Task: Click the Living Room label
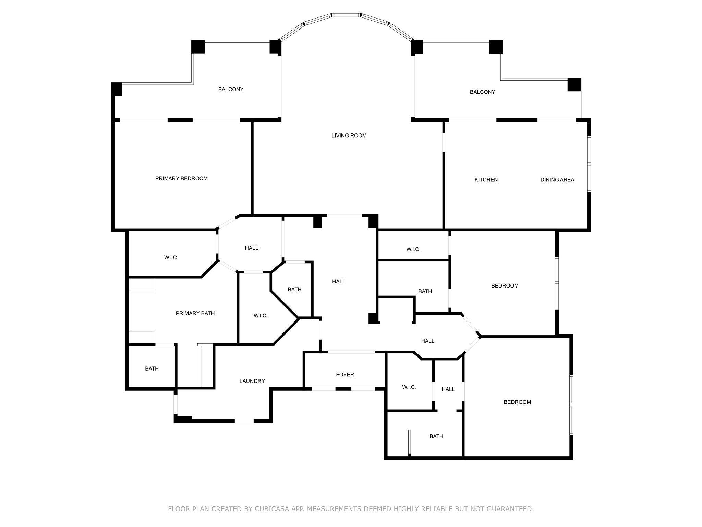(349, 136)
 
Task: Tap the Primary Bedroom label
(181, 178)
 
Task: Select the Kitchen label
(486, 180)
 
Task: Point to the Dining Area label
(557, 180)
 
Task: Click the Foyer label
(345, 375)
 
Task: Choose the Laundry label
(252, 381)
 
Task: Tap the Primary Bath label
(195, 313)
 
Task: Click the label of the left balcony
(231, 89)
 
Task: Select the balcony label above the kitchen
(482, 92)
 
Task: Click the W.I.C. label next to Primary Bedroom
(171, 258)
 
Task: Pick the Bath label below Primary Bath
(152, 369)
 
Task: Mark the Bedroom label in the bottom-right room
(517, 402)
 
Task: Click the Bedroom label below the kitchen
(505, 286)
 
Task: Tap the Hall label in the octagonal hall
(251, 248)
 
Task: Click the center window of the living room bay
(346, 15)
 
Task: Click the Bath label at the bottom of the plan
(436, 436)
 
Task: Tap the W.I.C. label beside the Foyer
(409, 387)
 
